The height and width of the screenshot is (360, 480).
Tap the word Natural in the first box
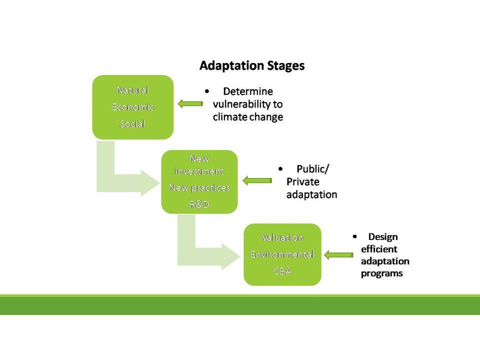pyautogui.click(x=132, y=90)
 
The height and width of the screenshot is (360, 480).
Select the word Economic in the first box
pyautogui.click(x=133, y=107)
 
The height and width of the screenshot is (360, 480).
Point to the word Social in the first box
pyautogui.click(x=132, y=123)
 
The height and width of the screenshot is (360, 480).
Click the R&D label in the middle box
pyautogui.click(x=199, y=204)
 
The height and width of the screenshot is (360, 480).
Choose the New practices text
pyautogui.click(x=199, y=187)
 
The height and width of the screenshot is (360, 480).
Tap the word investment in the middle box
pyautogui.click(x=199, y=171)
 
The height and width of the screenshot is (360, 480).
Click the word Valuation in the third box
pyautogui.click(x=282, y=237)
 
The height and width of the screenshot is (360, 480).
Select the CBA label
pyautogui.click(x=282, y=271)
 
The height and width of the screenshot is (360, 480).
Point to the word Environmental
pyautogui.click(x=282, y=254)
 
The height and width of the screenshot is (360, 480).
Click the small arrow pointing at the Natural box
pyautogui.click(x=190, y=104)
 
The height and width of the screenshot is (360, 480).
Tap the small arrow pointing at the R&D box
pyautogui.click(x=257, y=180)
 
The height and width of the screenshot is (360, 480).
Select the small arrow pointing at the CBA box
pyautogui.click(x=338, y=254)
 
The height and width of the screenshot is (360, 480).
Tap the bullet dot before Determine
pyautogui.click(x=207, y=91)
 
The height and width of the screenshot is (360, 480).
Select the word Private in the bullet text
pyautogui.click(x=303, y=182)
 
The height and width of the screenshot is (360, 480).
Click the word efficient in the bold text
pyautogui.click(x=379, y=249)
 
